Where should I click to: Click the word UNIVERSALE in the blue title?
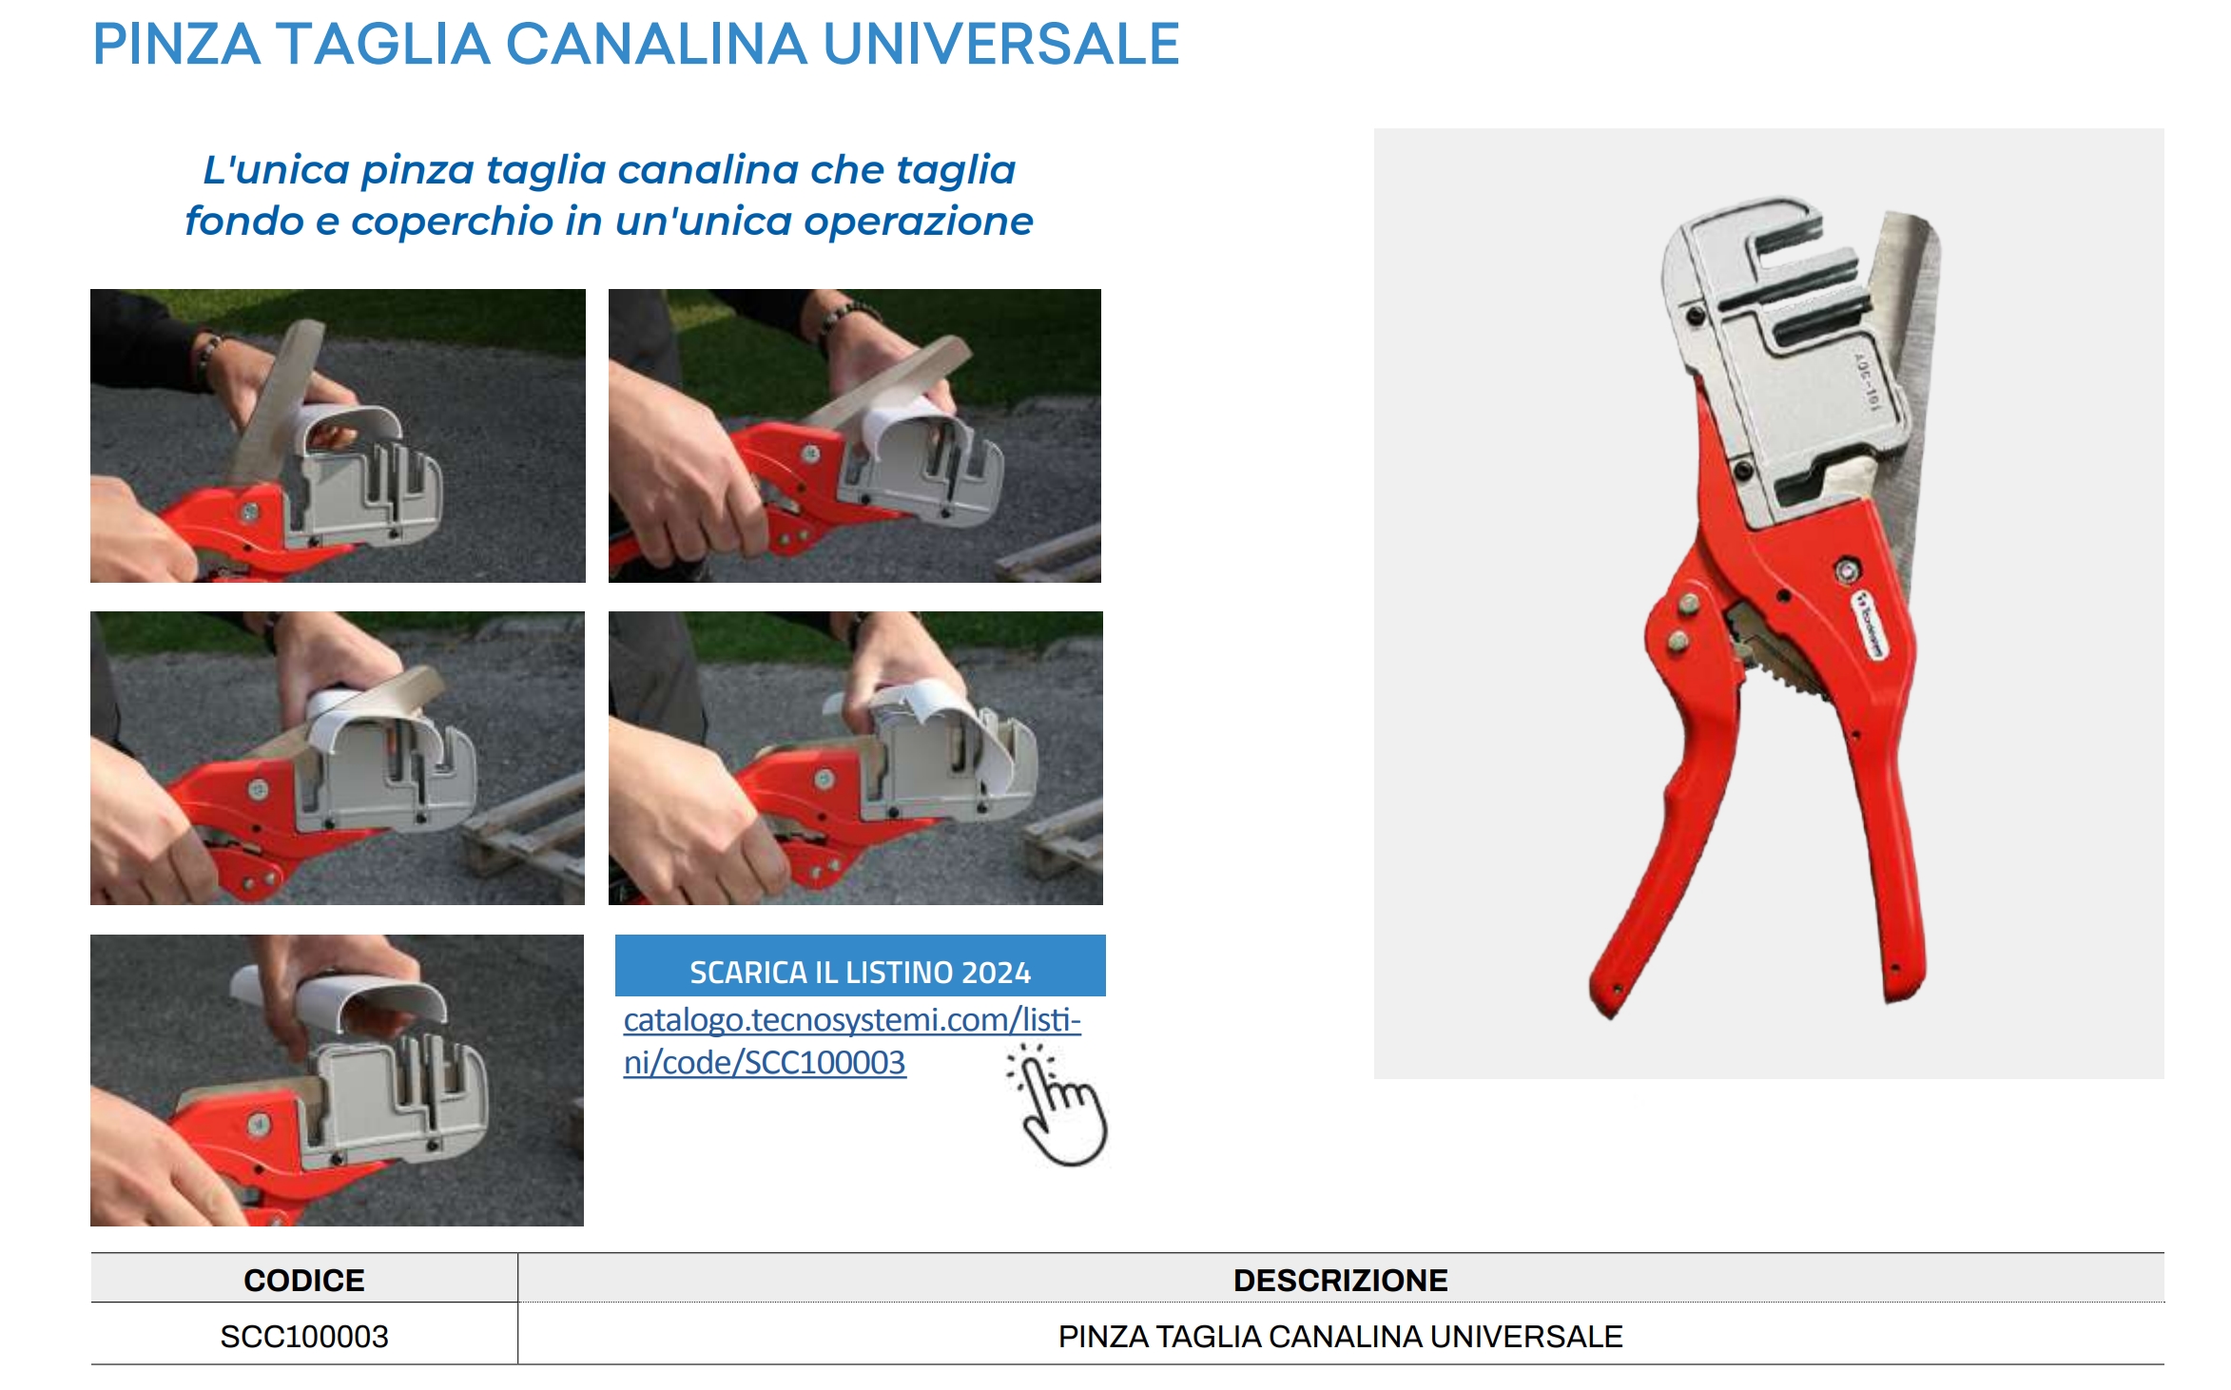(1001, 44)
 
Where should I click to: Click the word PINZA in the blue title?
(177, 44)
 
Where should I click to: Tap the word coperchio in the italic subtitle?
(452, 221)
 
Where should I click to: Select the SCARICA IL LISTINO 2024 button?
(860, 966)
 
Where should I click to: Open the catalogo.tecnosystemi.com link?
(852, 1040)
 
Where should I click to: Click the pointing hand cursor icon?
(1058, 1105)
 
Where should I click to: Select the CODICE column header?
(304, 1280)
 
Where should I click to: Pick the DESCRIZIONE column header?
(1340, 1280)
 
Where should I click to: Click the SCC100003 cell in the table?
(304, 1336)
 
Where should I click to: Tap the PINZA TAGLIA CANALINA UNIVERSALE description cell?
(1340, 1336)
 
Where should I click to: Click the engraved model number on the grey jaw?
(1867, 382)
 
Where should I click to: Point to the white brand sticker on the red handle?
(1870, 625)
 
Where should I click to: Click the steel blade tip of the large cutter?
(1911, 228)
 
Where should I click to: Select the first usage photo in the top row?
(338, 435)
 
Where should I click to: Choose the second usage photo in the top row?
(855, 435)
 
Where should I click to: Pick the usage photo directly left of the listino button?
(337, 1080)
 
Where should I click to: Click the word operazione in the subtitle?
(918, 221)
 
